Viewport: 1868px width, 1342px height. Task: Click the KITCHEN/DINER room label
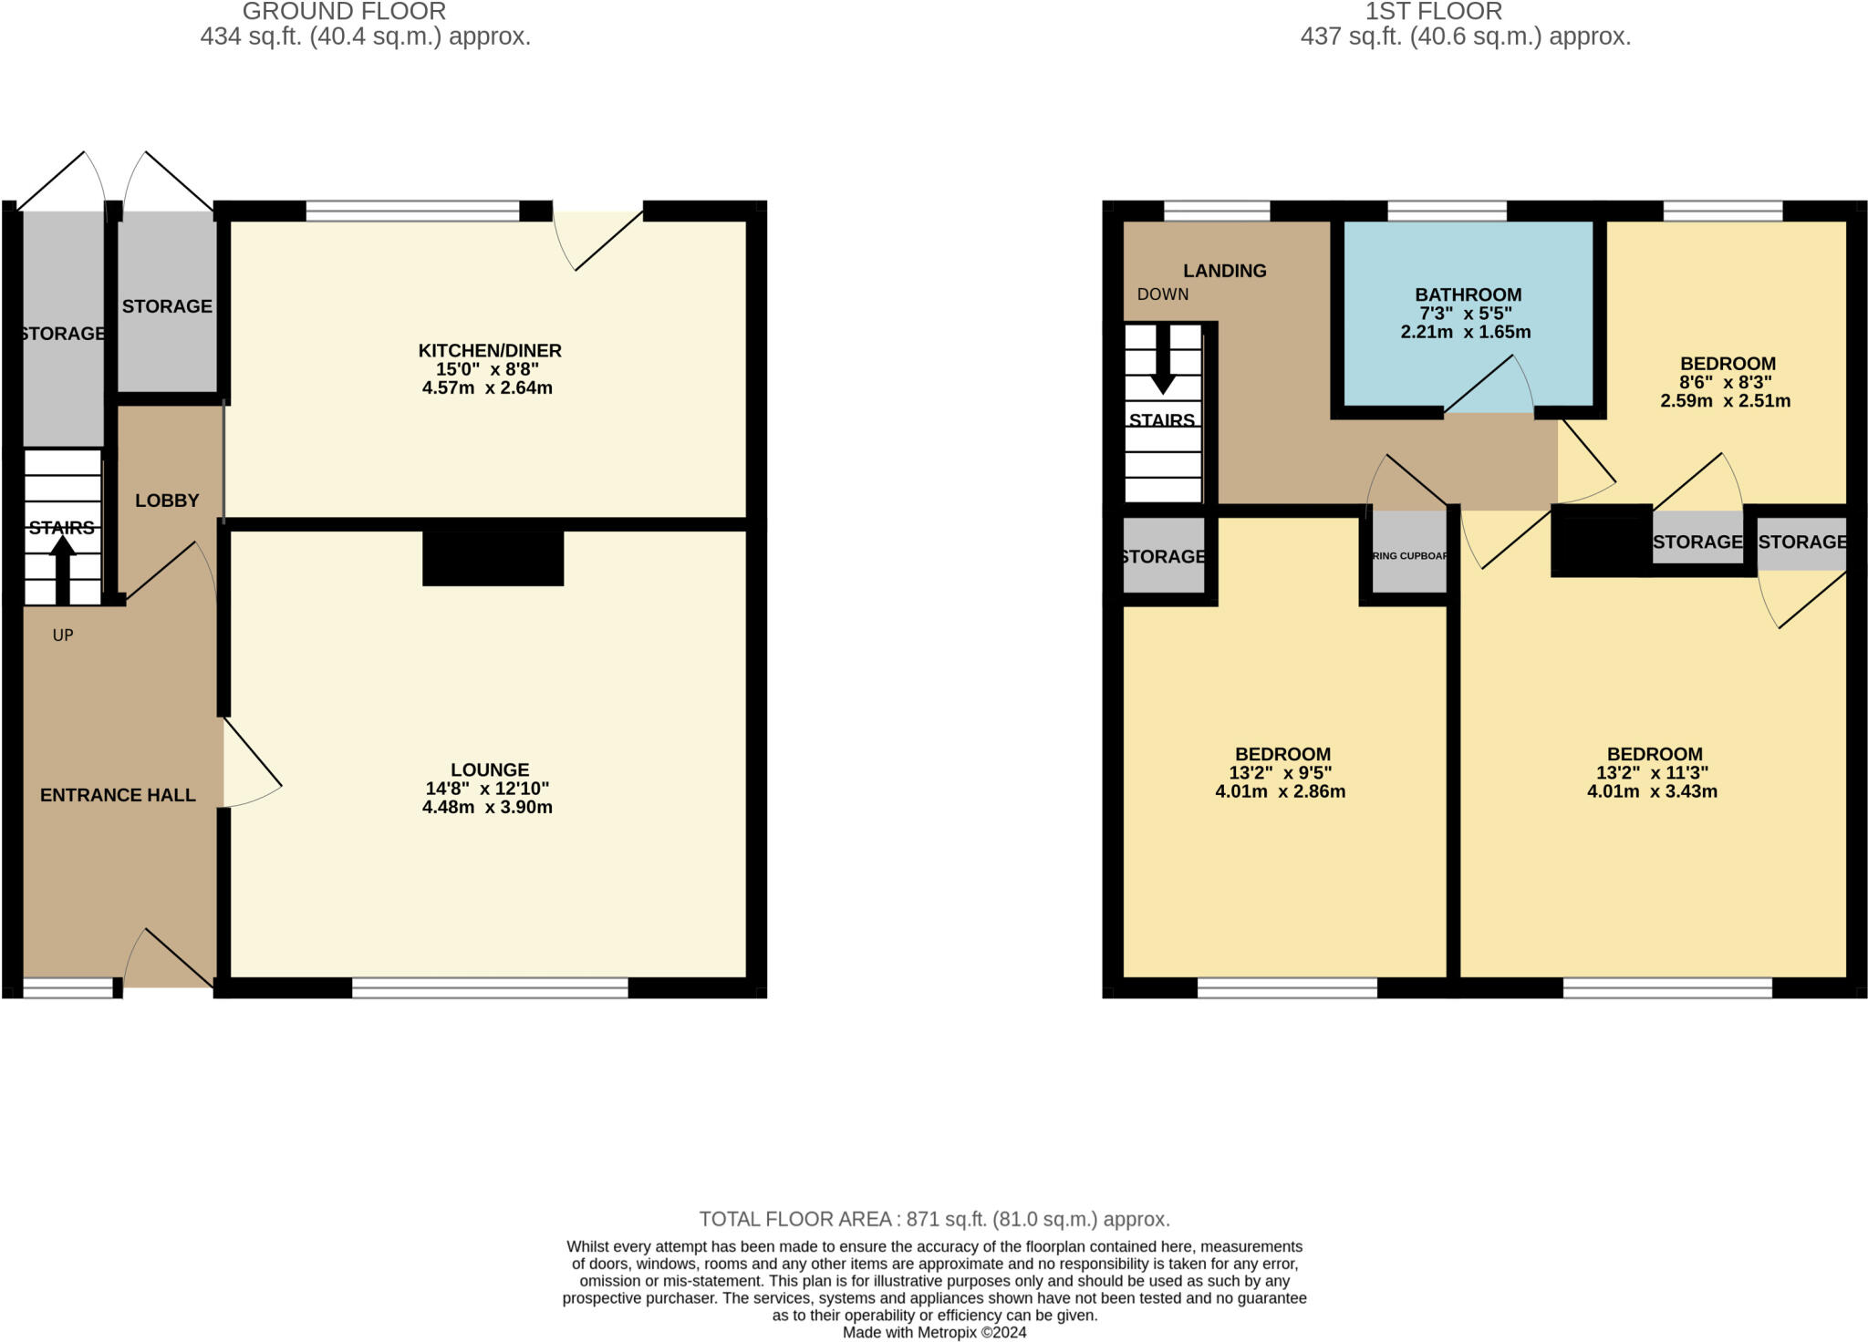pyautogui.click(x=490, y=350)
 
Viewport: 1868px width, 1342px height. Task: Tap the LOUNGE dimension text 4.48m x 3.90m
pyautogui.click(x=487, y=807)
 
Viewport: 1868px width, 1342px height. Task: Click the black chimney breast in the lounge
pyautogui.click(x=493, y=558)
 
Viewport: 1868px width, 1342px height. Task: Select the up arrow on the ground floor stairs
pyautogui.click(x=62, y=567)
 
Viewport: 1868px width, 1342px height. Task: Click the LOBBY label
pyautogui.click(x=167, y=501)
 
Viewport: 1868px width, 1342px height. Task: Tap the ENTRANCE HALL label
pyautogui.click(x=118, y=795)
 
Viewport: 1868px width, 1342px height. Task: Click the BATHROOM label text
pyautogui.click(x=1468, y=294)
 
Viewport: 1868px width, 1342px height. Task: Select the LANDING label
pyautogui.click(x=1224, y=271)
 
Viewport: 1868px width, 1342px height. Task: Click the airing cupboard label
pyautogui.click(x=1410, y=556)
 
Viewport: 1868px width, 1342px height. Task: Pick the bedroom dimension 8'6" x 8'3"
pyautogui.click(x=1728, y=382)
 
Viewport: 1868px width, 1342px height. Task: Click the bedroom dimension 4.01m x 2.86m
pyautogui.click(x=1280, y=791)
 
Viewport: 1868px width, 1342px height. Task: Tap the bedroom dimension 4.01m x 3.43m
pyautogui.click(x=1652, y=791)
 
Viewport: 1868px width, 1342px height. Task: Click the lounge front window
pyautogui.click(x=490, y=987)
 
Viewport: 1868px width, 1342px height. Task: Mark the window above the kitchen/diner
pyautogui.click(x=412, y=211)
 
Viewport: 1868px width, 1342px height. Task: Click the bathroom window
pyautogui.click(x=1447, y=211)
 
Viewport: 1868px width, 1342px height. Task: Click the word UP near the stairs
pyautogui.click(x=63, y=635)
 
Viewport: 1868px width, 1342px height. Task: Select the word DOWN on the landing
pyautogui.click(x=1162, y=294)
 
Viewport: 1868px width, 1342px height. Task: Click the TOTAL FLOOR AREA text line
pyautogui.click(x=934, y=1219)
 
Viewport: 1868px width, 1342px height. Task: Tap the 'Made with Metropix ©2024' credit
pyautogui.click(x=934, y=1332)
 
